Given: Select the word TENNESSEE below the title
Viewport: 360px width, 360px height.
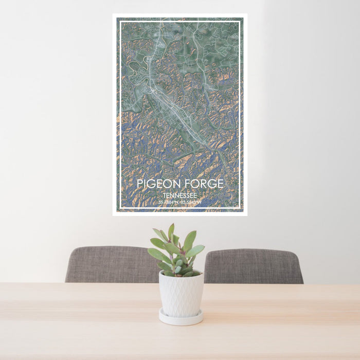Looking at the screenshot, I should click(180, 196).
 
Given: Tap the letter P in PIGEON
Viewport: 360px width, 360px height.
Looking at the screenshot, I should click(140, 184).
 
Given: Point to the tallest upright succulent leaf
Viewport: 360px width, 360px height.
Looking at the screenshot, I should click(171, 232).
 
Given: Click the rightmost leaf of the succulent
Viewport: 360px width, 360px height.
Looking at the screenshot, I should click(196, 250).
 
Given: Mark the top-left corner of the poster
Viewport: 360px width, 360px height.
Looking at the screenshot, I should click(113, 14).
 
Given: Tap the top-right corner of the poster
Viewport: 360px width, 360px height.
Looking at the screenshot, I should click(247, 14).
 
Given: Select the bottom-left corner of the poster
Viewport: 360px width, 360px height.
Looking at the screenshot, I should click(113, 215).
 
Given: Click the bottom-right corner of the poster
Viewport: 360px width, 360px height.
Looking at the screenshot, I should click(247, 215).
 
